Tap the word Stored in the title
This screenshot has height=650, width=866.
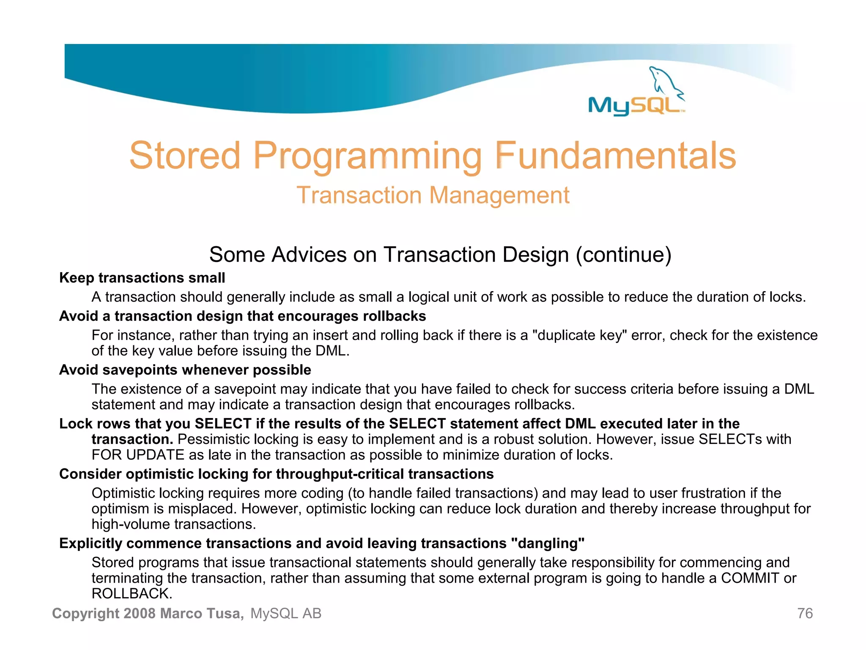[x=185, y=156]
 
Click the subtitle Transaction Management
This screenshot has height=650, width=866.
[x=433, y=196]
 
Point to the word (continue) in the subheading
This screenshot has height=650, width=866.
[x=623, y=255]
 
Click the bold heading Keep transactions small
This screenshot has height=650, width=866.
[x=142, y=278]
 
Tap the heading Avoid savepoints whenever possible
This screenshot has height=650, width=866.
[x=185, y=370]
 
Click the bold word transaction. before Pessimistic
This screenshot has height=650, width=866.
[x=132, y=439]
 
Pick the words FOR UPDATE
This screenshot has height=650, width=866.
[x=138, y=455]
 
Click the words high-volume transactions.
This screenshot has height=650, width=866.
[x=173, y=524]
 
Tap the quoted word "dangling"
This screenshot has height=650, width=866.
[x=548, y=543]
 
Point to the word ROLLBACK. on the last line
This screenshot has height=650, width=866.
[x=132, y=594]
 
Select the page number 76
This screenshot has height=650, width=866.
[x=805, y=614]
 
